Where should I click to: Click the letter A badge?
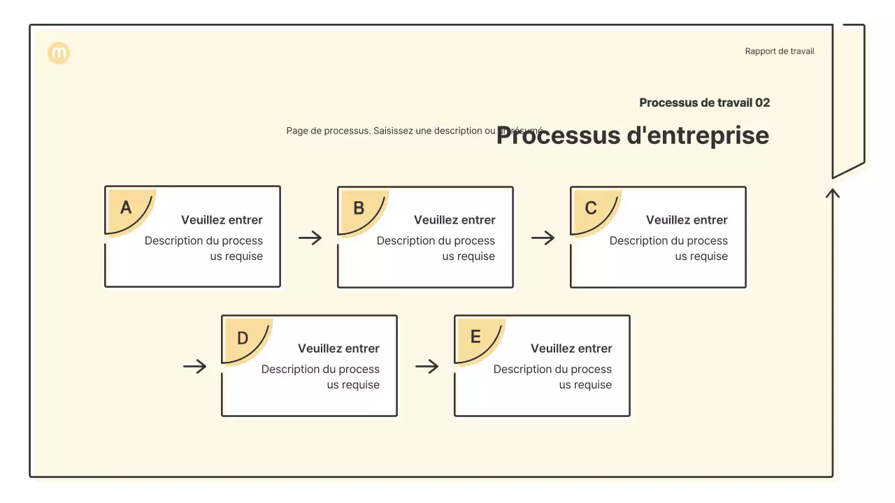pyautogui.click(x=127, y=208)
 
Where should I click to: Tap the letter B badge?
pyautogui.click(x=359, y=208)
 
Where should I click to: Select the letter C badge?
pyautogui.click(x=592, y=208)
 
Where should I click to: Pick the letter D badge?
pyautogui.click(x=243, y=338)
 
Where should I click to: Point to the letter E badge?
pyautogui.click(x=475, y=337)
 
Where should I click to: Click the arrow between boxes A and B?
pyautogui.click(x=310, y=238)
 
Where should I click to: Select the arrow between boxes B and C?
pyautogui.click(x=543, y=238)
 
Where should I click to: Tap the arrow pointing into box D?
pyautogui.click(x=195, y=366)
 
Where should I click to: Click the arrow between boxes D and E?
pyautogui.click(x=427, y=366)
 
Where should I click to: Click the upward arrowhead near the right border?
pyautogui.click(x=832, y=192)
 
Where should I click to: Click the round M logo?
pyautogui.click(x=59, y=53)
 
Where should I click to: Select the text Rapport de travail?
pyautogui.click(x=779, y=51)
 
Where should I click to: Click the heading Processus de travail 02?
pyautogui.click(x=704, y=103)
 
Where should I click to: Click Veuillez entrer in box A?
pyautogui.click(x=222, y=220)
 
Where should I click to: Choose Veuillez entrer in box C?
pyautogui.click(x=687, y=220)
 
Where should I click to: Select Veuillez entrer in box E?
pyautogui.click(x=571, y=349)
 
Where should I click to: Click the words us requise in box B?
pyautogui.click(x=468, y=256)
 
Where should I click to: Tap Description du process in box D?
pyautogui.click(x=320, y=369)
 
